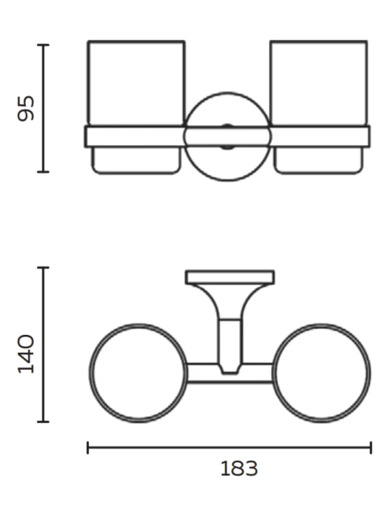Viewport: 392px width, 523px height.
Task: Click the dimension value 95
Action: pyautogui.click(x=26, y=108)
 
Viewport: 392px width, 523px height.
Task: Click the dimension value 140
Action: pyautogui.click(x=26, y=354)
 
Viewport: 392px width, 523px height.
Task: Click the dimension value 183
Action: pyautogui.click(x=239, y=469)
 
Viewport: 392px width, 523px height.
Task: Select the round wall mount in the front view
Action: pyautogui.click(x=227, y=93)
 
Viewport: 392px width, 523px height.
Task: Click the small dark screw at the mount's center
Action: pyautogui.click(x=227, y=136)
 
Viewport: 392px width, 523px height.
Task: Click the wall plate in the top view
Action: pyautogui.click(x=230, y=277)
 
